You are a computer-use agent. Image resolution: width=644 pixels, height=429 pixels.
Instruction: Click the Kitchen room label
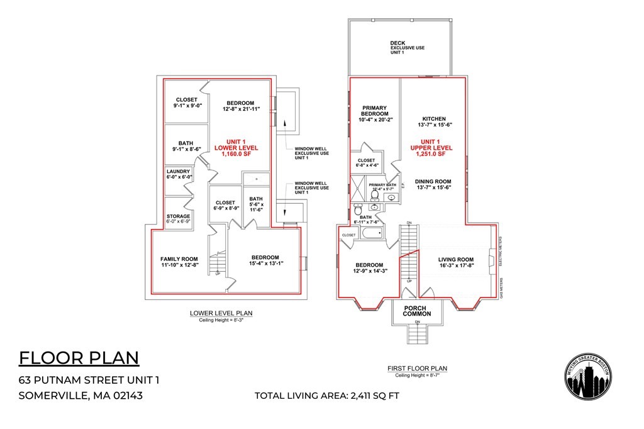434,119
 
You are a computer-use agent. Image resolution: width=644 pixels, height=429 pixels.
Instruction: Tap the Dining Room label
434,181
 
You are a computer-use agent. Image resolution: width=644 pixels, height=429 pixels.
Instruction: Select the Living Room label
456,259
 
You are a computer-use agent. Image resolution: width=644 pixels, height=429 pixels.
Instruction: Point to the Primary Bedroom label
374,111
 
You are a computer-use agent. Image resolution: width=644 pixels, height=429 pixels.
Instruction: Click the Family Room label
179,259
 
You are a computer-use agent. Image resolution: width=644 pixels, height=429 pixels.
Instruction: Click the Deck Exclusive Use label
406,47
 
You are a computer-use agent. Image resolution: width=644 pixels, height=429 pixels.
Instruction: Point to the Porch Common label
416,311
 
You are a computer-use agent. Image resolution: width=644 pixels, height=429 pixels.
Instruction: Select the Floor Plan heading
79,357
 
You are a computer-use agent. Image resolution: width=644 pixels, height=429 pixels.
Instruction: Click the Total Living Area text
326,396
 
